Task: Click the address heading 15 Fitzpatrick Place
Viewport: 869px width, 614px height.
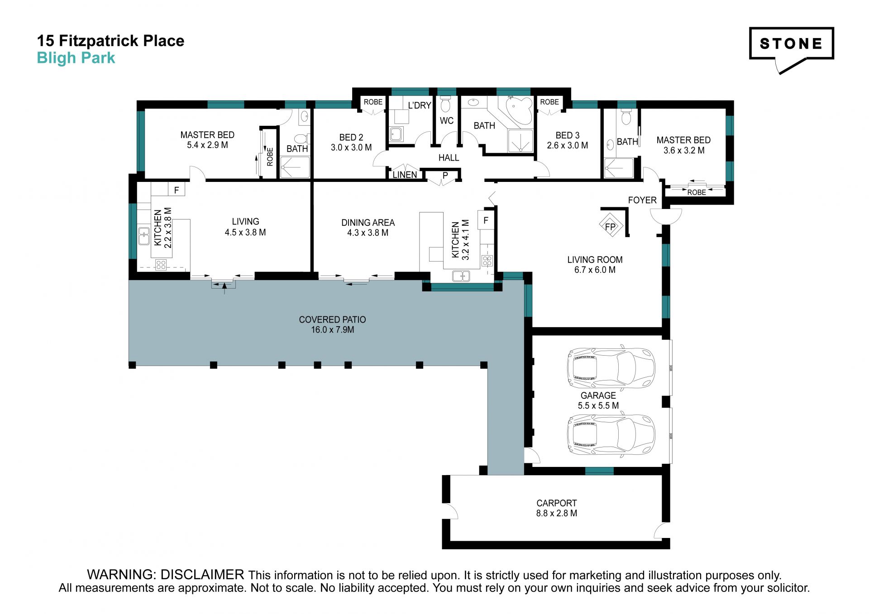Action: point(110,41)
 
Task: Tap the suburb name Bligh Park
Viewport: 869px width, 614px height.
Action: point(76,58)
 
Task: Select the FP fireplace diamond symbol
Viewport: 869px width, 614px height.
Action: point(611,226)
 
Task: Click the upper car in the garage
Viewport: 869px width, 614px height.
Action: point(611,368)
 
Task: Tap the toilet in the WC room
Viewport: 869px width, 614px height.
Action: point(445,104)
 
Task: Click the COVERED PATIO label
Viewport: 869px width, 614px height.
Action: point(332,319)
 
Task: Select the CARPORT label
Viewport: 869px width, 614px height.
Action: point(556,503)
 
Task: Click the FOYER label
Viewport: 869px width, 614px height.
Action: point(642,200)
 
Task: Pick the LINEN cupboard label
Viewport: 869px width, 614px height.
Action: point(405,175)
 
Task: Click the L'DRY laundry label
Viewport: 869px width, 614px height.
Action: point(420,105)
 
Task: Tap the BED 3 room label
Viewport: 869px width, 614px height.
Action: point(568,135)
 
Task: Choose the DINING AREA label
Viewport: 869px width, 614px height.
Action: point(368,223)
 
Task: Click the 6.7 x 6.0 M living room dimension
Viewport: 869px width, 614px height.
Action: point(595,270)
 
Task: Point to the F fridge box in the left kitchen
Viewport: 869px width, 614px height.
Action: point(177,190)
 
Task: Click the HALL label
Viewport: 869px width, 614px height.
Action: point(449,157)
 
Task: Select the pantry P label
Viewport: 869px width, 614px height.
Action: point(445,175)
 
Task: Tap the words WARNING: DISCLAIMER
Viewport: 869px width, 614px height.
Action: point(166,575)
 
